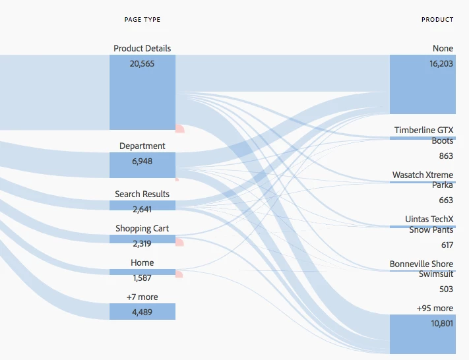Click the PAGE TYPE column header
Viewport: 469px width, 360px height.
(x=142, y=20)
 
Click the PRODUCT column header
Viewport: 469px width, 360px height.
(x=437, y=20)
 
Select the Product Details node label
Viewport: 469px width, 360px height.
(x=142, y=48)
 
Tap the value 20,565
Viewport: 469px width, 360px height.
(x=142, y=63)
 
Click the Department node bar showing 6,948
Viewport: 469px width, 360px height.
(x=142, y=164)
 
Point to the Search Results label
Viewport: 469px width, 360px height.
(x=142, y=194)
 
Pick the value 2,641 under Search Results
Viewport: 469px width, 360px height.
(x=142, y=210)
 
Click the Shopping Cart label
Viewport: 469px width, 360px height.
(x=142, y=228)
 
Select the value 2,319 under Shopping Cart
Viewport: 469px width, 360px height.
(x=142, y=244)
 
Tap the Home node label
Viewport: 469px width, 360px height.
(x=142, y=263)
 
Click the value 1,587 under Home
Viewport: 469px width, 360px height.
(x=142, y=278)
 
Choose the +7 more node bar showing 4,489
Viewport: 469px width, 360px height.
(x=142, y=312)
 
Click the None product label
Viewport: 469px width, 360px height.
(x=443, y=48)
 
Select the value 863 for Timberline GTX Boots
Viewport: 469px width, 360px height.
(x=446, y=156)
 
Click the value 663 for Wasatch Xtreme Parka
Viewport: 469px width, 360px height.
(x=446, y=200)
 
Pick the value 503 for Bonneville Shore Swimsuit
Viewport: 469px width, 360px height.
(x=446, y=289)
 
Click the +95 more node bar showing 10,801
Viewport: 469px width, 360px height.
(x=423, y=334)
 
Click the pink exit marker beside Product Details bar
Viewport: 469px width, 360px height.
(x=179, y=129)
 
